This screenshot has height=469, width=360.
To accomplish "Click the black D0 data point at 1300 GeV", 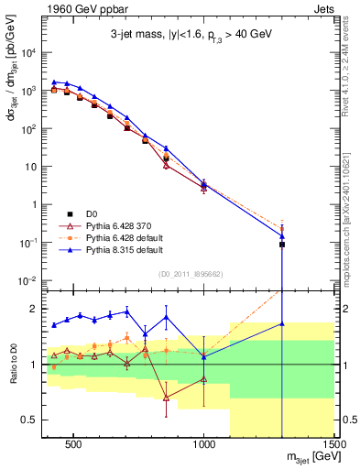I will [x=282, y=245].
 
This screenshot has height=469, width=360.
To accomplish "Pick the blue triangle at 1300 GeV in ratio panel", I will [x=282, y=323].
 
